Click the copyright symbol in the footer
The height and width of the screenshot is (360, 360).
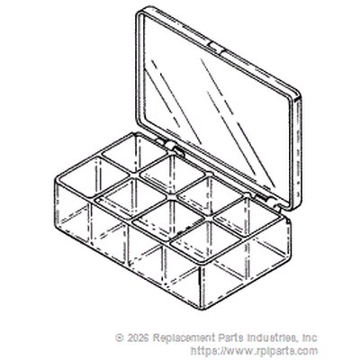[x=120, y=337]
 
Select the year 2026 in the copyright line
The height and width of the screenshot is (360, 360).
[x=138, y=337]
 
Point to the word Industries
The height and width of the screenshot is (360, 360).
[x=270, y=337]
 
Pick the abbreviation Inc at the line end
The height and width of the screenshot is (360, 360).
[x=310, y=337]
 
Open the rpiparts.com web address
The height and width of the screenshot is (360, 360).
[x=254, y=351]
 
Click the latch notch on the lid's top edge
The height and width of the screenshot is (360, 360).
[x=216, y=47]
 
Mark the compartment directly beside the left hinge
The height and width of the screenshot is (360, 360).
[x=134, y=152]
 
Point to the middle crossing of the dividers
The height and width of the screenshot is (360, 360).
[x=172, y=197]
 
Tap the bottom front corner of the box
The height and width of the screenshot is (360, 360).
[x=201, y=310]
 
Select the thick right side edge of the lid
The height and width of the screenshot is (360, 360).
[x=298, y=150]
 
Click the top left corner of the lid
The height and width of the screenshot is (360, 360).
[x=138, y=12]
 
